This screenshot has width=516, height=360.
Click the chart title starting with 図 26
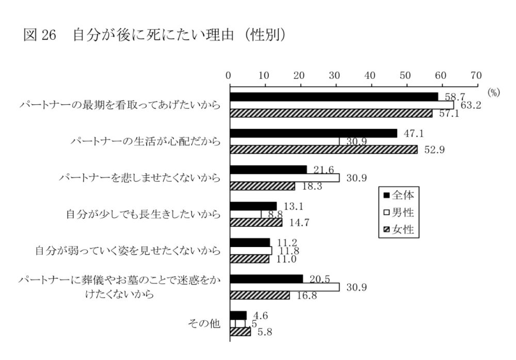tap(155, 35)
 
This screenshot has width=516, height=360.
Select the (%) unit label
tap(494, 93)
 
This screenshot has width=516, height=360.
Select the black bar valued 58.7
tap(334, 96)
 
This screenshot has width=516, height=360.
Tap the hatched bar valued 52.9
tap(324, 150)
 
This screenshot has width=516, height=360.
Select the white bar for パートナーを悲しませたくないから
tap(285, 177)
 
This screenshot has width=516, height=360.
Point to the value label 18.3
tap(310, 186)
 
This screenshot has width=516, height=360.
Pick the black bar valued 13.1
tap(253, 206)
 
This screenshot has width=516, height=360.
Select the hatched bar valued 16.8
tap(260, 296)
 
